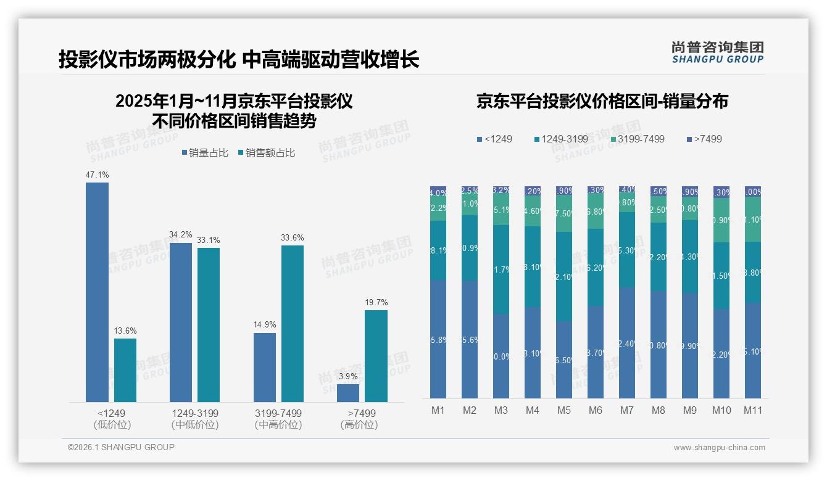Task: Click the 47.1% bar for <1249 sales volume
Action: pyautogui.click(x=97, y=292)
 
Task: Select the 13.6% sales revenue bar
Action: pyautogui.click(x=125, y=370)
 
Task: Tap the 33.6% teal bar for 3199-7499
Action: pyautogui.click(x=293, y=324)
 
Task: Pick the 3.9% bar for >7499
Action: pyautogui.click(x=348, y=393)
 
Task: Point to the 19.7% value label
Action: pyautogui.click(x=376, y=302)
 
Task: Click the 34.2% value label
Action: pyautogui.click(x=180, y=235)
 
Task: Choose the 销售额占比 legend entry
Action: pyautogui.click(x=266, y=153)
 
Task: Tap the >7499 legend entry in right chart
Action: pyautogui.click(x=704, y=139)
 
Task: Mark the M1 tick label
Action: pyautogui.click(x=438, y=410)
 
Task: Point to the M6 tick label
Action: pyautogui.click(x=596, y=410)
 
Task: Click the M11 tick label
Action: pyautogui.click(x=753, y=410)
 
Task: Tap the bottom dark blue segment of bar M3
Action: pyautogui.click(x=501, y=356)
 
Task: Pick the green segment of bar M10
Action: pyautogui.click(x=721, y=220)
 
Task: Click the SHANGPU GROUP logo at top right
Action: pyautogui.click(x=717, y=52)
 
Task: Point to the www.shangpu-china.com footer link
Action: pyautogui.click(x=719, y=448)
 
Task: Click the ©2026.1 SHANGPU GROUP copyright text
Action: pyautogui.click(x=121, y=447)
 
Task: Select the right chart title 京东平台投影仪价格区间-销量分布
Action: pyautogui.click(x=602, y=101)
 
